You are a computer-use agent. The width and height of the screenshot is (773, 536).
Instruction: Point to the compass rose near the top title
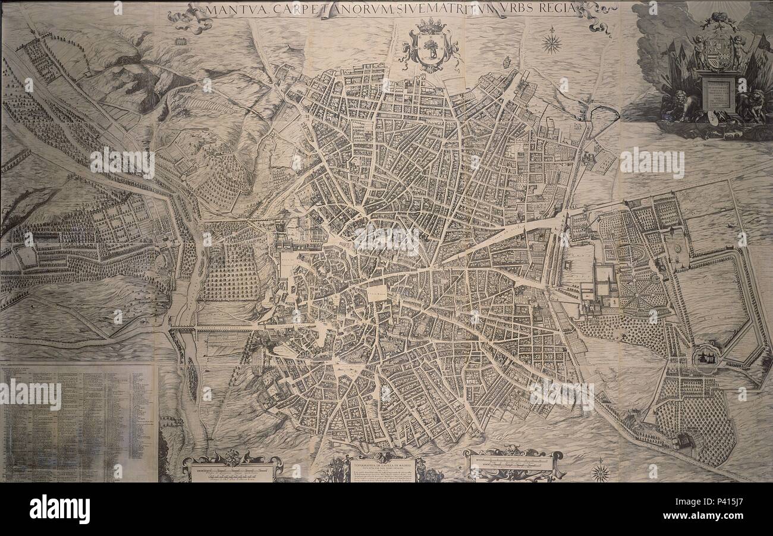(552, 42)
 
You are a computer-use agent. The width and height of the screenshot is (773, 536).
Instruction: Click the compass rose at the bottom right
(601, 472)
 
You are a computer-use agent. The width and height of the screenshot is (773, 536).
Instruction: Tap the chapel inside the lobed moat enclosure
(706, 356)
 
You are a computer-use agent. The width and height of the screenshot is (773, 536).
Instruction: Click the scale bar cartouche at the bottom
(513, 463)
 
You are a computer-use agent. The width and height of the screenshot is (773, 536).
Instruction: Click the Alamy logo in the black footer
(59, 509)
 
